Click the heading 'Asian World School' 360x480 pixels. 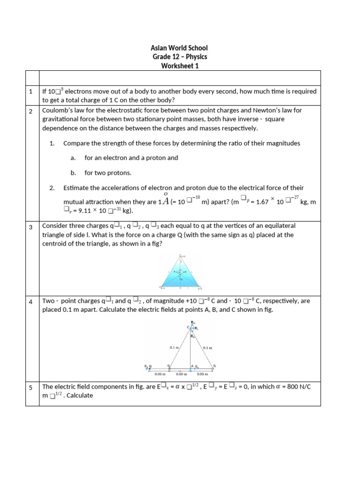[x=180, y=48]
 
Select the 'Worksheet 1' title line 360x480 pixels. [x=180, y=66]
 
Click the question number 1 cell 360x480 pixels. [x=30, y=92]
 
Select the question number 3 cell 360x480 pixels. [x=30, y=227]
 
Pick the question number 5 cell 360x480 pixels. [x=30, y=388]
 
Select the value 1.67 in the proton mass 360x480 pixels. [x=262, y=201]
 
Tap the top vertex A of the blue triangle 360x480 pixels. [x=180, y=256]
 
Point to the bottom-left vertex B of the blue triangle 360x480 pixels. [x=161, y=286]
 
